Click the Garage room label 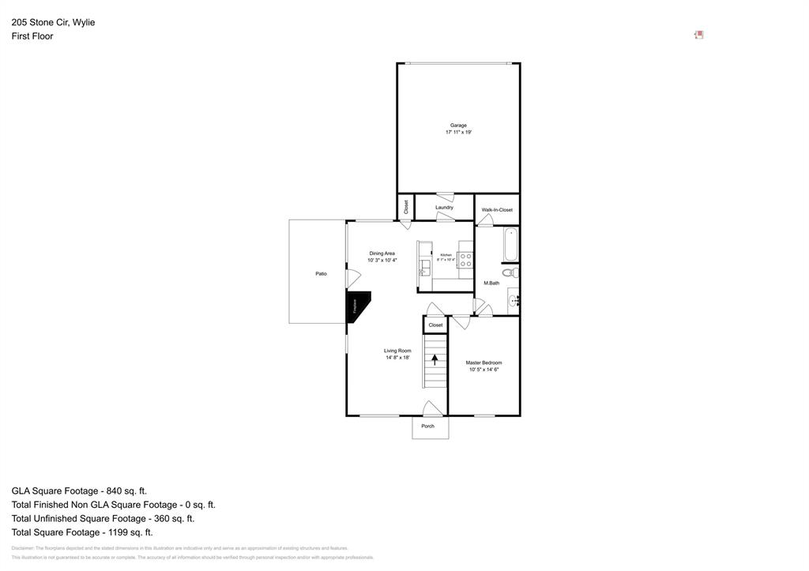pyautogui.click(x=458, y=125)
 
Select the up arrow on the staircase pyautogui.click(x=435, y=359)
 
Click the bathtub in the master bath pyautogui.click(x=510, y=245)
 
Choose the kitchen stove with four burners pyautogui.click(x=465, y=260)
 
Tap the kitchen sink pyautogui.click(x=424, y=268)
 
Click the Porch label pyautogui.click(x=427, y=426)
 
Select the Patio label pyautogui.click(x=321, y=273)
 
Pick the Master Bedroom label pyautogui.click(x=484, y=363)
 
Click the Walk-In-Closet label pyautogui.click(x=497, y=210)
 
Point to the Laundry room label pyautogui.click(x=444, y=208)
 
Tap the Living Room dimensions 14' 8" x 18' pyautogui.click(x=397, y=358)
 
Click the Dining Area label pyautogui.click(x=382, y=254)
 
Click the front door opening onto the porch pyautogui.click(x=431, y=409)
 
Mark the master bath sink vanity pyautogui.click(x=514, y=300)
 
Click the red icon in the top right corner pyautogui.click(x=698, y=35)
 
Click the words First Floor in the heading pyautogui.click(x=32, y=36)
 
